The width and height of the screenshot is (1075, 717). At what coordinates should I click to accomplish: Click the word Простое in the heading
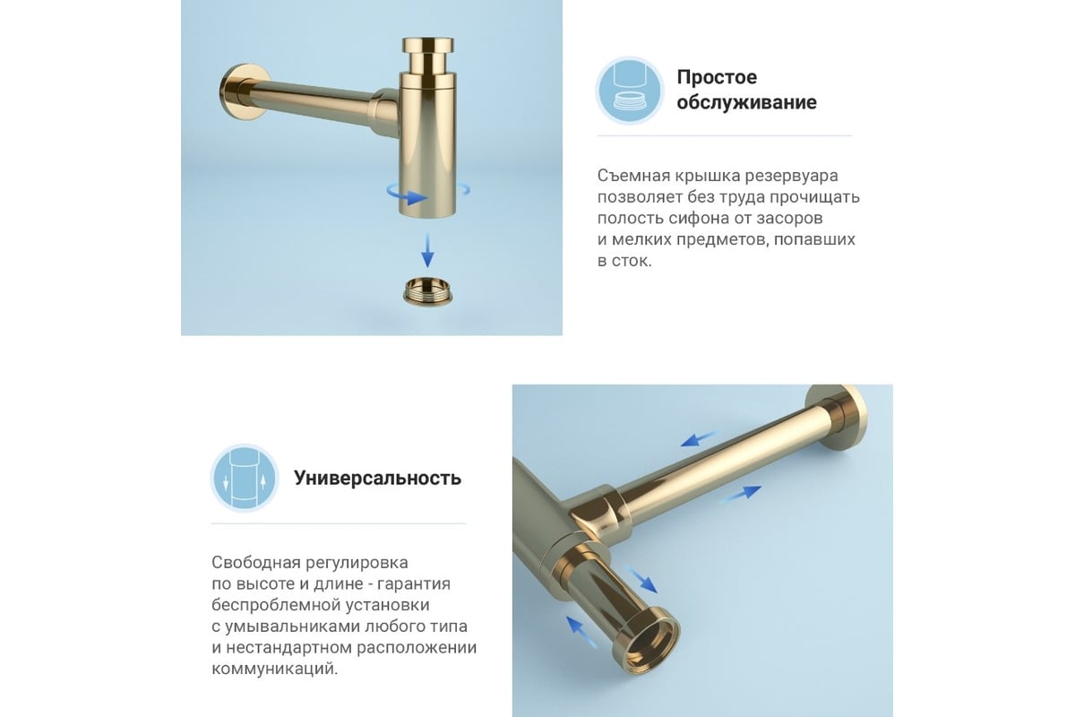click(717, 77)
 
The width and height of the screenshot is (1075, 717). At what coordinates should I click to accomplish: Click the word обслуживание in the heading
click(746, 102)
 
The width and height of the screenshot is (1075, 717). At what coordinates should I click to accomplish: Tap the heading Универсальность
click(377, 479)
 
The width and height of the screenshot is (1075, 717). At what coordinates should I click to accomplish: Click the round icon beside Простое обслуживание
click(631, 91)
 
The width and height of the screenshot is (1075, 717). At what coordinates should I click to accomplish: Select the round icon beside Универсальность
click(245, 478)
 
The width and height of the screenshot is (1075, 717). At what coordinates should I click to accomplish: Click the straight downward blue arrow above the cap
click(427, 250)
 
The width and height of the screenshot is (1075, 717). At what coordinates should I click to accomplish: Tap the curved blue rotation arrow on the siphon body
click(408, 194)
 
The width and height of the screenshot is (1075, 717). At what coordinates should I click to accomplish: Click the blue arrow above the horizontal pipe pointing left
click(700, 438)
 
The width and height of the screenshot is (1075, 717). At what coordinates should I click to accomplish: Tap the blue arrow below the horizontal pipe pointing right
click(741, 494)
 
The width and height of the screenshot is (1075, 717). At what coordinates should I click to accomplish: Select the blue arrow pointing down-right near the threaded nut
click(641, 580)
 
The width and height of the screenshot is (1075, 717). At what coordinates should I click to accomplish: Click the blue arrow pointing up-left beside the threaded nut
click(582, 633)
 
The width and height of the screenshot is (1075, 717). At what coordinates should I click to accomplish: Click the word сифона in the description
click(723, 218)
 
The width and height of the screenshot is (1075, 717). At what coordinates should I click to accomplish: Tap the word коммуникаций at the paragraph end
click(274, 669)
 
